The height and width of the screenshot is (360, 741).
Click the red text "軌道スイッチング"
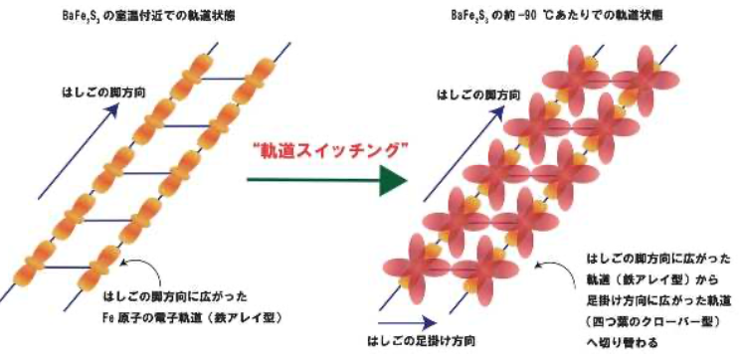(327, 149)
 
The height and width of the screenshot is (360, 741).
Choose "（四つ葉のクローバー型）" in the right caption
(641, 318)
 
